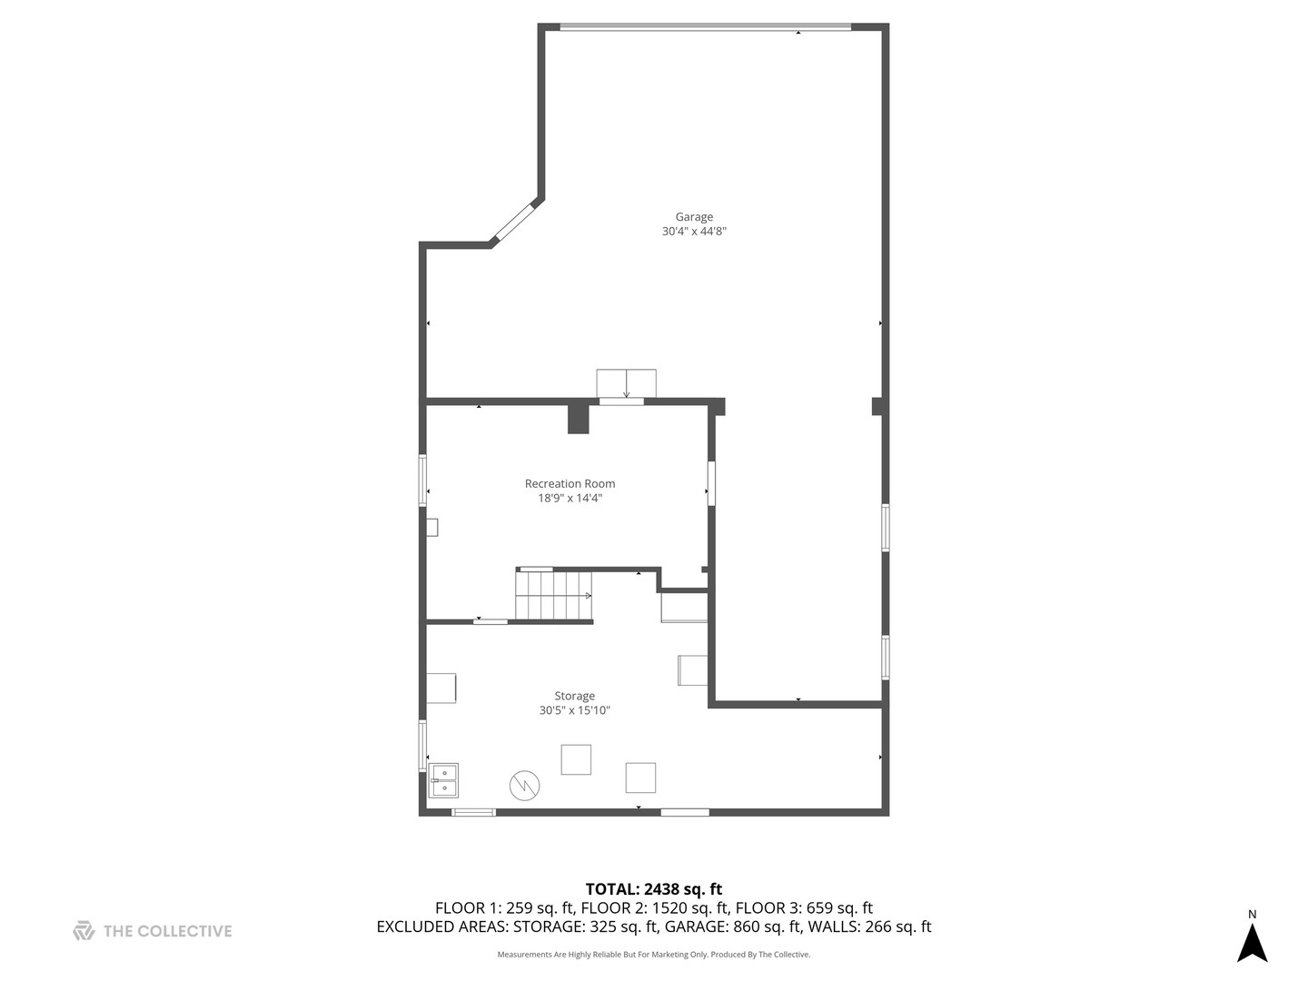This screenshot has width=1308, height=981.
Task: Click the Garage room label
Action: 694,217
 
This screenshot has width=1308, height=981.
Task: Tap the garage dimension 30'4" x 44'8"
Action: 694,232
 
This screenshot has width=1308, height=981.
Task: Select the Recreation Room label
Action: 570,484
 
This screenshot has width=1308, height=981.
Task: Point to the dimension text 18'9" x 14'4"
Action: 570,499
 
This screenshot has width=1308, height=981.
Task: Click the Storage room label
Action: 574,697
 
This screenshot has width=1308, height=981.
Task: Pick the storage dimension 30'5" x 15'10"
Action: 574,711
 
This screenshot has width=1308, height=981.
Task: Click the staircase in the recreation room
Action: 553,595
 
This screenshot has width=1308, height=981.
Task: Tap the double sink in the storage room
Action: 443,780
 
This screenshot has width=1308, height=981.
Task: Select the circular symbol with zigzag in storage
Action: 524,786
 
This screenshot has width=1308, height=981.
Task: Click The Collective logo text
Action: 167,931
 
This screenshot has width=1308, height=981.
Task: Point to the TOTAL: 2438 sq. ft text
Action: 653,889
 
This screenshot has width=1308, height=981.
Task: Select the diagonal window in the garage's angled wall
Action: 516,223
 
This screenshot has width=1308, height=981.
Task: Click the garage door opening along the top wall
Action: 705,27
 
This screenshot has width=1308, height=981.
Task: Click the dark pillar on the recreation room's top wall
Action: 579,419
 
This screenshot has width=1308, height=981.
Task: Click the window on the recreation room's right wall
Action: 711,483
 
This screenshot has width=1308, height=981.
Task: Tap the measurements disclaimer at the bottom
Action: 653,955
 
